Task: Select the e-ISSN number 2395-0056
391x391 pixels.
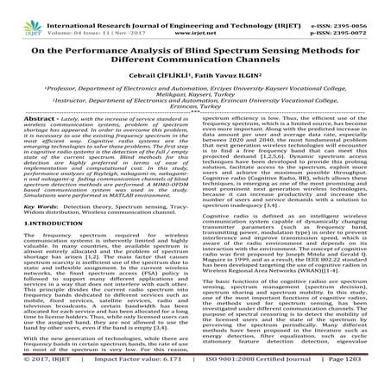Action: [x=359, y=5]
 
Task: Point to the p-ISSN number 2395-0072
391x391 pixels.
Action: [x=359, y=15]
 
